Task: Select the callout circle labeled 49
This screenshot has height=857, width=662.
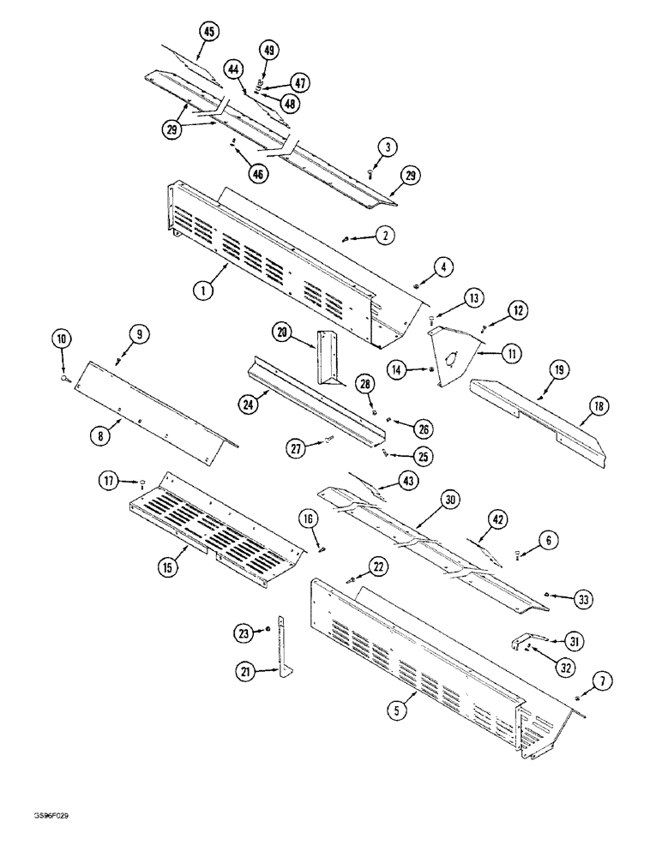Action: [x=269, y=51]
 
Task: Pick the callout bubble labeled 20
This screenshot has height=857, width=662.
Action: [x=284, y=333]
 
